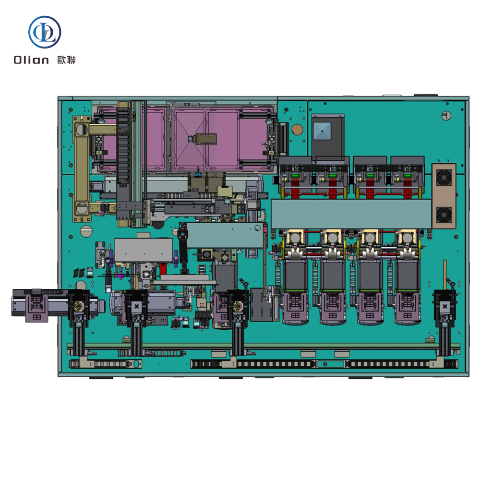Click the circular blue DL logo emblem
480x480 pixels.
click(45, 32)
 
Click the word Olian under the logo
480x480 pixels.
click(31, 60)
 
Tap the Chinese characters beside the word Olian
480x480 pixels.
click(66, 60)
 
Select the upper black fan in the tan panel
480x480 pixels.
click(444, 178)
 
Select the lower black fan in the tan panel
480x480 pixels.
click(444, 215)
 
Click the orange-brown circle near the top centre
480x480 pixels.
click(297, 130)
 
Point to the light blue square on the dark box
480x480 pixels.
click(322, 131)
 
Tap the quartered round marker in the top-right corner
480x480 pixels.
click(446, 115)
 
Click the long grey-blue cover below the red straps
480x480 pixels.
click(351, 214)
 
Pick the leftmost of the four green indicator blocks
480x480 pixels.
click(295, 176)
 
